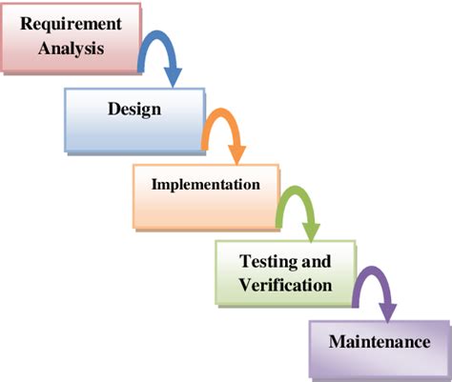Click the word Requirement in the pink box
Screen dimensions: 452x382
tap(71, 25)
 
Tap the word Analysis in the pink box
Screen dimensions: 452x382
tap(72, 49)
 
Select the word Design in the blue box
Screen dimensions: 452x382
tap(134, 110)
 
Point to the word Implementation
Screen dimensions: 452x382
tap(206, 185)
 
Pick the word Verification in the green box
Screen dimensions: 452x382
tap(285, 285)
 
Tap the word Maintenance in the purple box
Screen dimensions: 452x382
tap(380, 342)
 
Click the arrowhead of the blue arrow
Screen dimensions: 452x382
tap(173, 76)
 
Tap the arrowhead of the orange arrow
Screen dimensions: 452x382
tap(237, 154)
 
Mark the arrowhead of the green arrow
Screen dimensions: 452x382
tap(311, 231)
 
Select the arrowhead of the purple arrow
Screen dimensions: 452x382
tap(388, 312)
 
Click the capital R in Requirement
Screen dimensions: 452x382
tap(28, 24)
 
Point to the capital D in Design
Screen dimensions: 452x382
tap(114, 109)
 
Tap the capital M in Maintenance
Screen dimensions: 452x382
tap(338, 342)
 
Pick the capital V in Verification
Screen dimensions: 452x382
tap(246, 285)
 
